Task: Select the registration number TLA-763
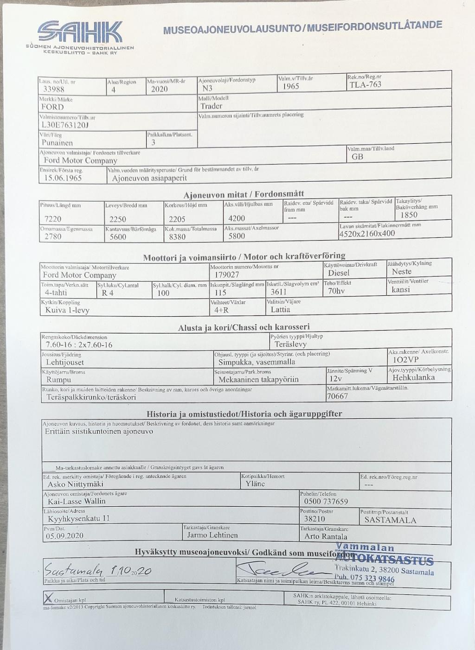[x=365, y=84]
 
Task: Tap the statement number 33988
[x=54, y=89]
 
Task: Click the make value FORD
[x=53, y=107]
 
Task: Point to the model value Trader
[x=212, y=106]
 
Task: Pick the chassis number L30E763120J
[x=65, y=125]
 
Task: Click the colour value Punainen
[x=57, y=143]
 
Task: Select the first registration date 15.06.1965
[x=63, y=178]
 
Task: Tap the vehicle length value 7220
[x=53, y=219]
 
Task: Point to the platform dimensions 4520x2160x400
[x=367, y=234]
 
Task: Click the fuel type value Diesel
[x=339, y=273]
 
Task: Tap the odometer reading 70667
[x=337, y=396]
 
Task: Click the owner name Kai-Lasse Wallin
[x=77, y=501]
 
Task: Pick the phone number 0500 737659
[x=326, y=502]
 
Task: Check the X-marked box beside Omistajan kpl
[x=47, y=597]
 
